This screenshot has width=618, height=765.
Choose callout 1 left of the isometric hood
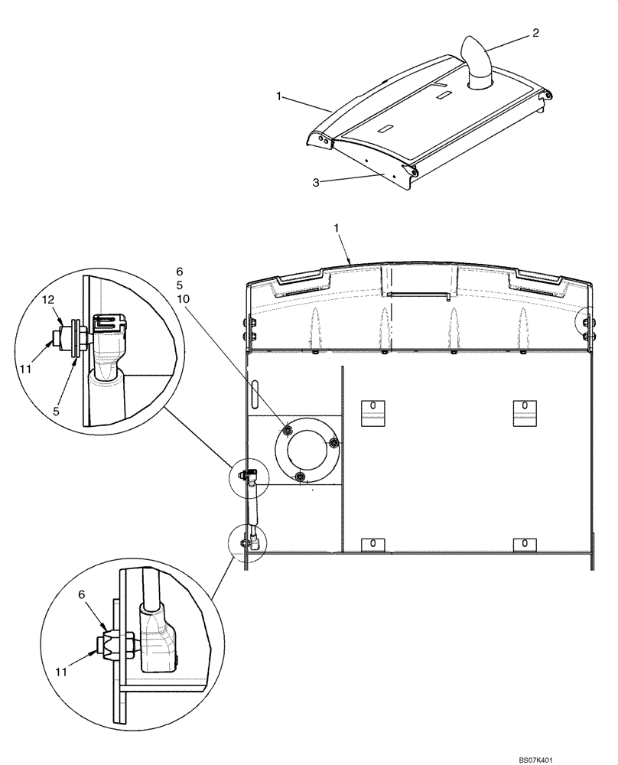point(280,97)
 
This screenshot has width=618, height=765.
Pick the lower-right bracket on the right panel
point(525,542)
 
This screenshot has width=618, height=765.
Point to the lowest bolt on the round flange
point(301,477)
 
